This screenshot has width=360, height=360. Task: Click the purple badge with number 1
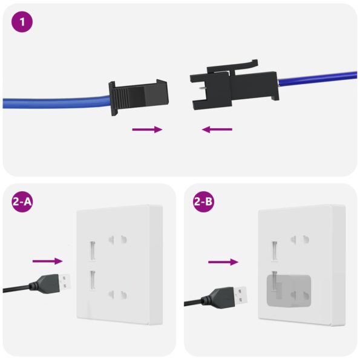[x=22, y=22]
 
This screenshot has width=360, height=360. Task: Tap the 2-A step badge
[x=22, y=202]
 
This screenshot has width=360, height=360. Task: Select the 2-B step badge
[x=203, y=202]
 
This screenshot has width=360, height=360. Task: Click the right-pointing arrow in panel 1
[x=148, y=129]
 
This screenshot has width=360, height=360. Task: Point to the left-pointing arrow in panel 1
[x=217, y=129]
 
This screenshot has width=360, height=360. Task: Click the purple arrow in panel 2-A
[x=48, y=261]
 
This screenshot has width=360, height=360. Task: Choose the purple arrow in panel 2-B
[x=223, y=262]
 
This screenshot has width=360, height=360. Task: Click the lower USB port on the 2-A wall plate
[x=93, y=280]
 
